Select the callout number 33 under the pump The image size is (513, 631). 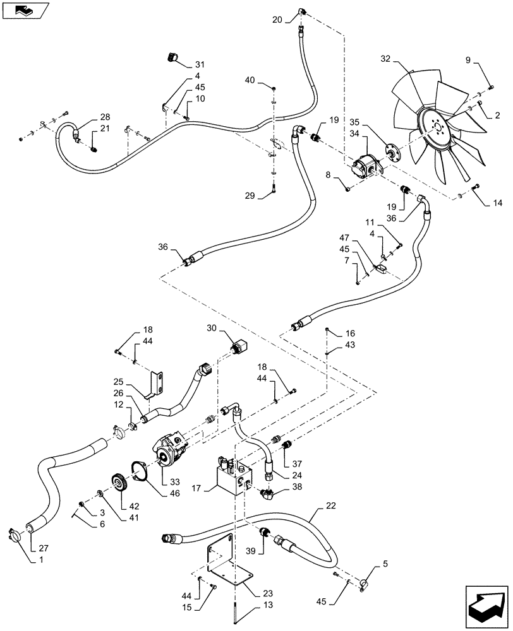166,481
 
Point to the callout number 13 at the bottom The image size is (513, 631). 251,622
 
